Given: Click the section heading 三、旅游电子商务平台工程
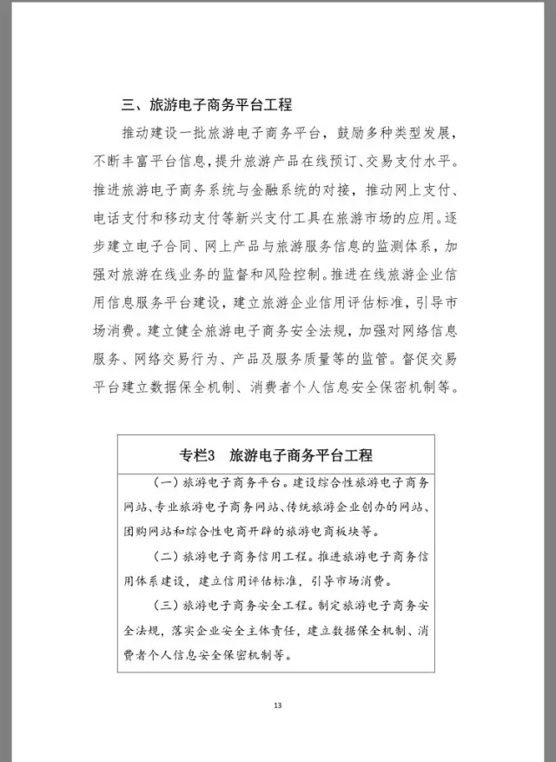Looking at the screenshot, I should (206, 106).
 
